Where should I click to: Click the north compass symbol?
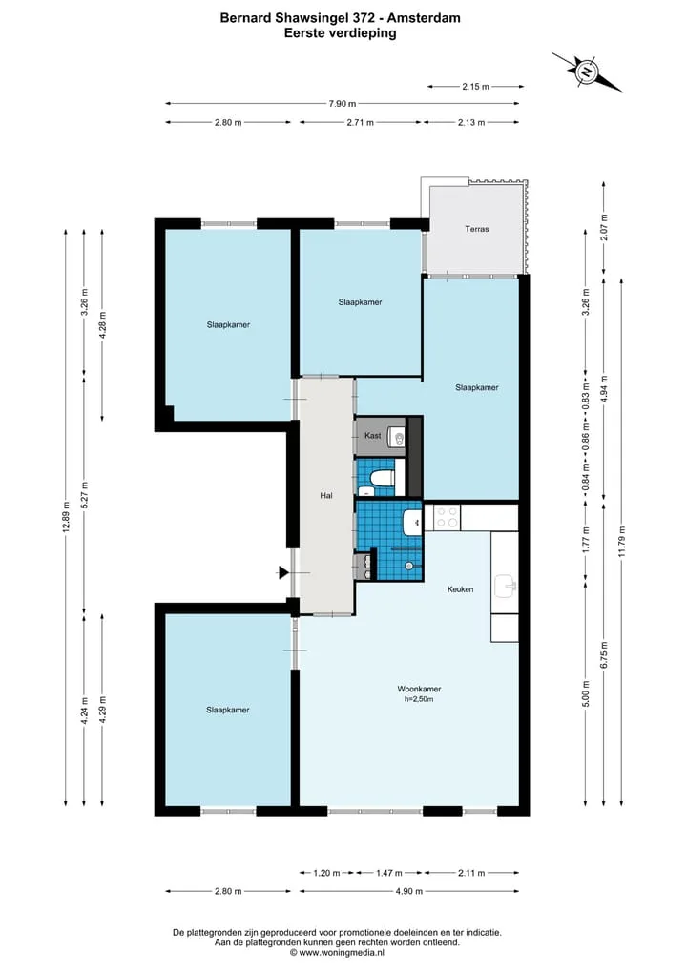point(586,72)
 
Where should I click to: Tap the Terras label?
point(476,229)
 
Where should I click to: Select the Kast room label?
point(372,436)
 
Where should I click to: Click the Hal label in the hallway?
point(326,496)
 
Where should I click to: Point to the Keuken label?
point(460,589)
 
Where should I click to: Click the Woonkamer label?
point(419,689)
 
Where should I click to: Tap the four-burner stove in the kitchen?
point(448,517)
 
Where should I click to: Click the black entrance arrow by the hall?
point(284,573)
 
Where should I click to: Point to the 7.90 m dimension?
point(343,104)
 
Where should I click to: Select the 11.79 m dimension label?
point(622,542)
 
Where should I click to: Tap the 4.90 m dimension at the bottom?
point(409,891)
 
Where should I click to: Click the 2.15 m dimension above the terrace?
point(475,87)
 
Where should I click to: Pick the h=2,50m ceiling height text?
point(419,699)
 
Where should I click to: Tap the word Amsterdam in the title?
point(424,18)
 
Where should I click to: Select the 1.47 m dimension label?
point(389,873)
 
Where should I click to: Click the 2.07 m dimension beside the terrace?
point(604,227)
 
